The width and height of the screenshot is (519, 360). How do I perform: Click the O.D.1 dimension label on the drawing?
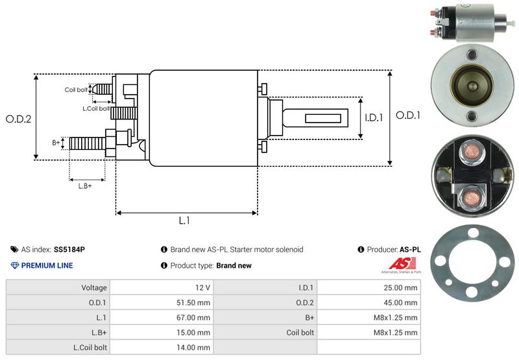coord(408,115)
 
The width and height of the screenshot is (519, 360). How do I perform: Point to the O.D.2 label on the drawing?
coord(19,119)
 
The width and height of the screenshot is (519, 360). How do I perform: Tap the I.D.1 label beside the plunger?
coord(374,117)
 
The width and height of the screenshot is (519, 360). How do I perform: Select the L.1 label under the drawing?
coord(184,221)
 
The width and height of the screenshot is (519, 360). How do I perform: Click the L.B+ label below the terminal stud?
coord(85,186)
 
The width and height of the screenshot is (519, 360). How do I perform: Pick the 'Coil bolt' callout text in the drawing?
coord(76,90)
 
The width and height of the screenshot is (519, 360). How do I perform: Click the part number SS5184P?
coord(69,250)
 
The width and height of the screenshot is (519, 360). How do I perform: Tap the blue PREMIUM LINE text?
coord(47,265)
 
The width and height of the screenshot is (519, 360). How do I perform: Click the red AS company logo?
coord(402,264)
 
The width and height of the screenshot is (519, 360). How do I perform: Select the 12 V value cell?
coord(162,287)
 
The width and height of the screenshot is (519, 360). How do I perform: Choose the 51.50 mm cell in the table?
coord(162,302)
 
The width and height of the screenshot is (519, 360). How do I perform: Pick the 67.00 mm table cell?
coord(162,318)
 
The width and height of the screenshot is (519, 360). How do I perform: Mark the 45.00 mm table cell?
coord(368,302)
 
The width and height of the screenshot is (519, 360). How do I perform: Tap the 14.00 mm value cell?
coord(162,348)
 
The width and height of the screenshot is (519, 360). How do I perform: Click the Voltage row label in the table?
coord(94,287)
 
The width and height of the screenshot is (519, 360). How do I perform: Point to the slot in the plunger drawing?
coord(323,119)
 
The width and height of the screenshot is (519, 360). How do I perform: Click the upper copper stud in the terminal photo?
coord(472,151)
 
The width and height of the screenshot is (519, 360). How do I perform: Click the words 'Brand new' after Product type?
coord(234,265)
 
